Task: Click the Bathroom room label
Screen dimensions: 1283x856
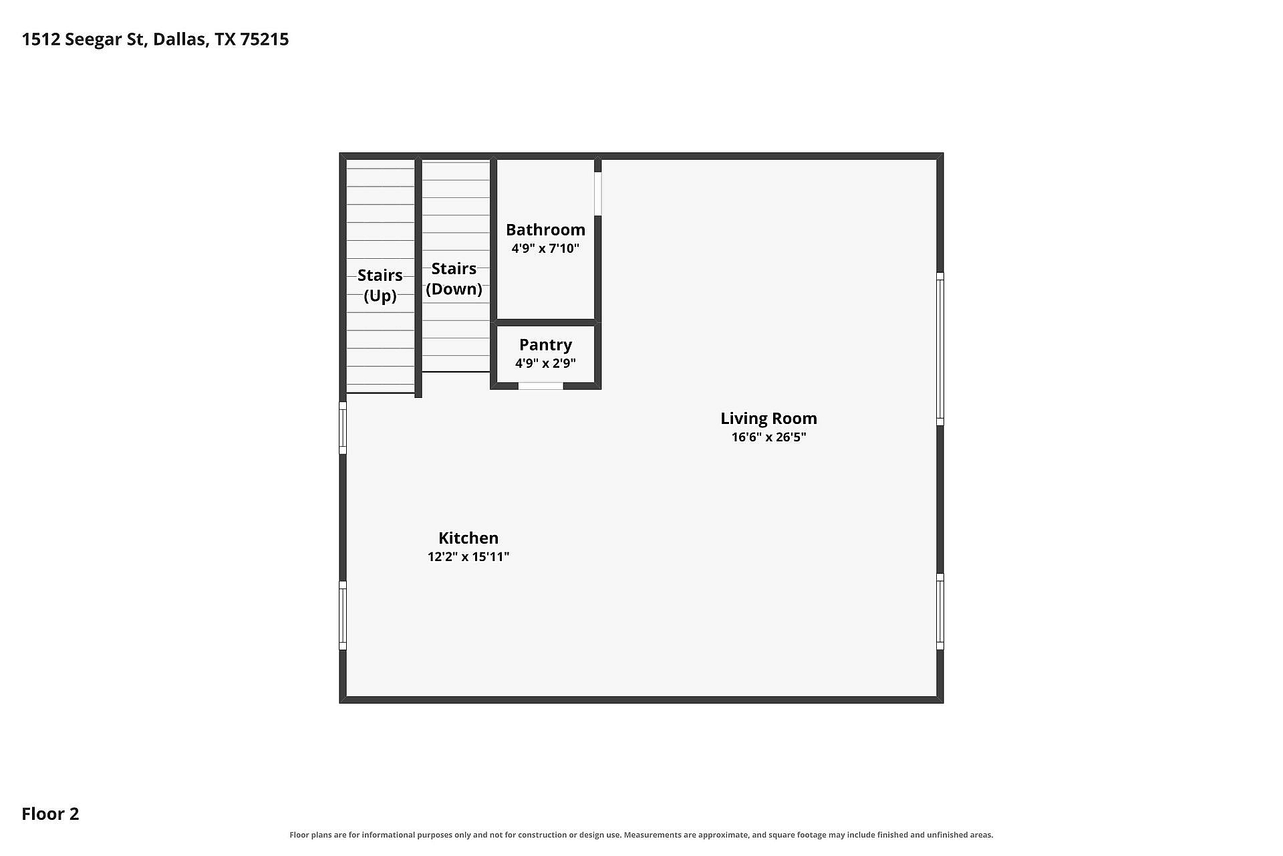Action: [545, 230]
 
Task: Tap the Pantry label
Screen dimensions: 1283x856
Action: [545, 345]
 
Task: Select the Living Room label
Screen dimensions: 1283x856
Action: [768, 419]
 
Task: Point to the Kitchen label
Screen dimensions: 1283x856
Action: [468, 538]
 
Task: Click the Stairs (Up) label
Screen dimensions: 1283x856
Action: [380, 286]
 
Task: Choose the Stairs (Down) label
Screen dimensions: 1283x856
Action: [454, 279]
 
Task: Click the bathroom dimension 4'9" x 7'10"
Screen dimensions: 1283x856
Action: [545, 249]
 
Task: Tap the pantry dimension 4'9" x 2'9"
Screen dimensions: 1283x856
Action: [545, 363]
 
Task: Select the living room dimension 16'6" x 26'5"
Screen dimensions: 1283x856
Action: [768, 437]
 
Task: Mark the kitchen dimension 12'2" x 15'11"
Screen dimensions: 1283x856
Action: [468, 556]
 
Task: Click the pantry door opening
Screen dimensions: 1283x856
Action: [541, 386]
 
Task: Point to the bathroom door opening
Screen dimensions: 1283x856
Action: [598, 194]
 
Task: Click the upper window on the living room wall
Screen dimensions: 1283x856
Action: [940, 349]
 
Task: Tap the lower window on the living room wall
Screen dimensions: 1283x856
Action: [940, 611]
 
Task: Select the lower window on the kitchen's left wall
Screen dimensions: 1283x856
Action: [343, 615]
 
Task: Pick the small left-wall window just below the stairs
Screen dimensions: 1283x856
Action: [343, 428]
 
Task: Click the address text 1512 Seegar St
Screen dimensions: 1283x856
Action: [83, 39]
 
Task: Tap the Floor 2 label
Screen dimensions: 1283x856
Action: [50, 814]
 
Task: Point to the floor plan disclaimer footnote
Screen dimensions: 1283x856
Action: [641, 835]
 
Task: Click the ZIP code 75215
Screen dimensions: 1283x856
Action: [265, 39]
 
